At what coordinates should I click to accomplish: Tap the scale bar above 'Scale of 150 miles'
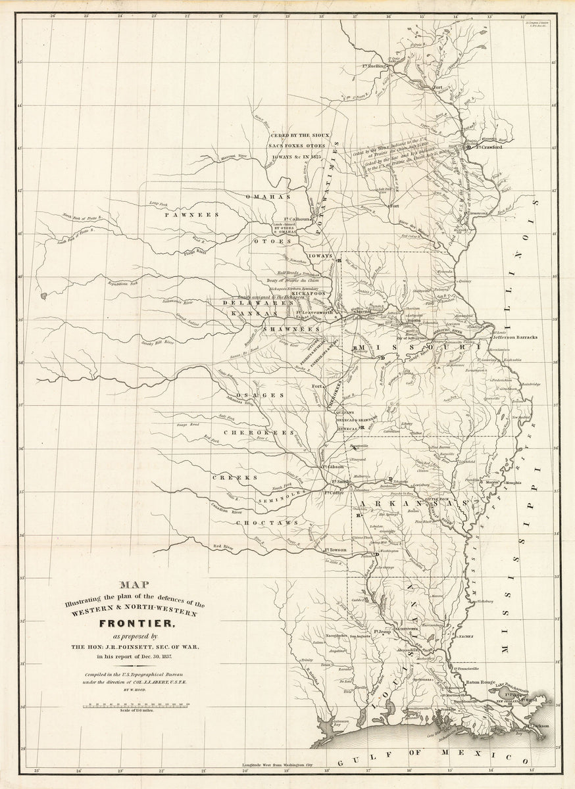[136, 705]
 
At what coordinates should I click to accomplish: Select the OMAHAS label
[267, 197]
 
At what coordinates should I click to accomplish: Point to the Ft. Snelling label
[372, 66]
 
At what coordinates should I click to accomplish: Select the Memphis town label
[513, 483]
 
